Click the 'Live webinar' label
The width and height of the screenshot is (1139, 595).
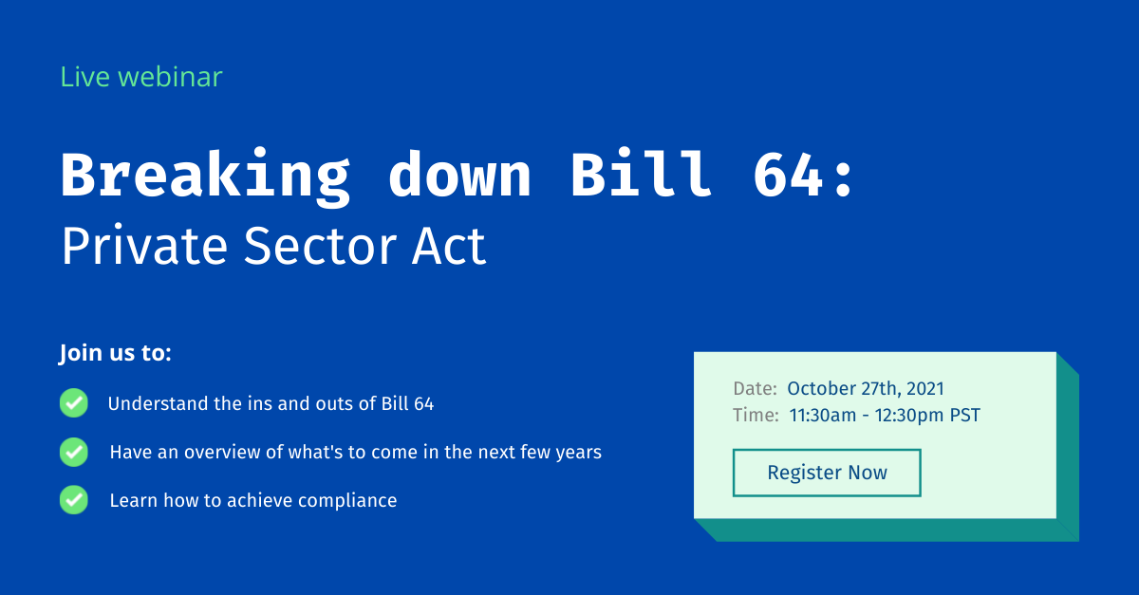[x=141, y=77]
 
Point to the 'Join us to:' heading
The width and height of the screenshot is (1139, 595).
[x=116, y=354]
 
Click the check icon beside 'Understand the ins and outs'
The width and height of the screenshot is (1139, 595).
[x=74, y=403]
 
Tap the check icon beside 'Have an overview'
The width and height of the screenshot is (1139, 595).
[x=74, y=452]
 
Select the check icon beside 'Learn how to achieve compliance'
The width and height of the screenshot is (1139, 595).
[x=74, y=500]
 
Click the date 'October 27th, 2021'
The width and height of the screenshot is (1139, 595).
[x=866, y=388]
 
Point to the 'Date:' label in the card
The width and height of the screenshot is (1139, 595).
[x=756, y=388]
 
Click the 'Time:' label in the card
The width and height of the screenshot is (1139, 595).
[x=756, y=415]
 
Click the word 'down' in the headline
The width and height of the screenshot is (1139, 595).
[x=459, y=176]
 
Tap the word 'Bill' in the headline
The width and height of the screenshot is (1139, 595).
[x=641, y=176]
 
